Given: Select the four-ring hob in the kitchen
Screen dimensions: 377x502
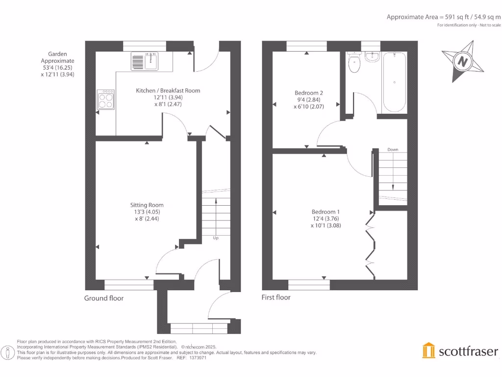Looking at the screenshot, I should click(x=105, y=100).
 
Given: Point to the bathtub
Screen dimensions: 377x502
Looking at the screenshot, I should click(x=394, y=82).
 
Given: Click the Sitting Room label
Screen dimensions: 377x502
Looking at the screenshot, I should click(x=147, y=205).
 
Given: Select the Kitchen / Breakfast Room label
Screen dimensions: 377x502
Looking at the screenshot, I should click(x=168, y=90).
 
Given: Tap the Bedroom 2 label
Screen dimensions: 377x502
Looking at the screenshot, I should click(x=309, y=93).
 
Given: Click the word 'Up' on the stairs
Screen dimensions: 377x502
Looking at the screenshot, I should click(x=215, y=238).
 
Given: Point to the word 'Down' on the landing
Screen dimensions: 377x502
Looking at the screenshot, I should click(x=393, y=149).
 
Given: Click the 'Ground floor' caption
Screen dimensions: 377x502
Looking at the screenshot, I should click(x=104, y=298).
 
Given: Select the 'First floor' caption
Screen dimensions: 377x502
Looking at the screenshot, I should click(x=276, y=297).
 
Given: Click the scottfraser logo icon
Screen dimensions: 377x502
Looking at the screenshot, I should click(x=428, y=350).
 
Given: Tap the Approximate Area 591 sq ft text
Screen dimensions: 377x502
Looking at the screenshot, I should click(x=443, y=17).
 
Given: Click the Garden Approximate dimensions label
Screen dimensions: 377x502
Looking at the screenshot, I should click(x=57, y=64).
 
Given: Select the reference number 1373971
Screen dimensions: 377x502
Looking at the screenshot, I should click(x=198, y=358).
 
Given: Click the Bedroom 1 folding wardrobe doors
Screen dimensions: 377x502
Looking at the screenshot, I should click(x=370, y=243).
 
